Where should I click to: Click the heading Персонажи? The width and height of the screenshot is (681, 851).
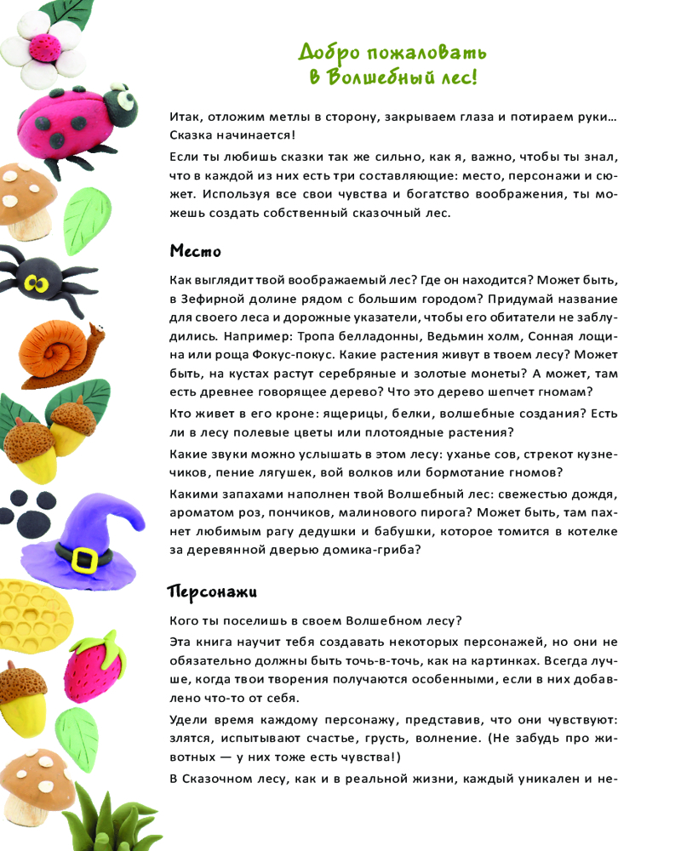pyautogui.click(x=212, y=591)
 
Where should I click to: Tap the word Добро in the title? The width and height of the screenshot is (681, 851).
pyautogui.click(x=329, y=52)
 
